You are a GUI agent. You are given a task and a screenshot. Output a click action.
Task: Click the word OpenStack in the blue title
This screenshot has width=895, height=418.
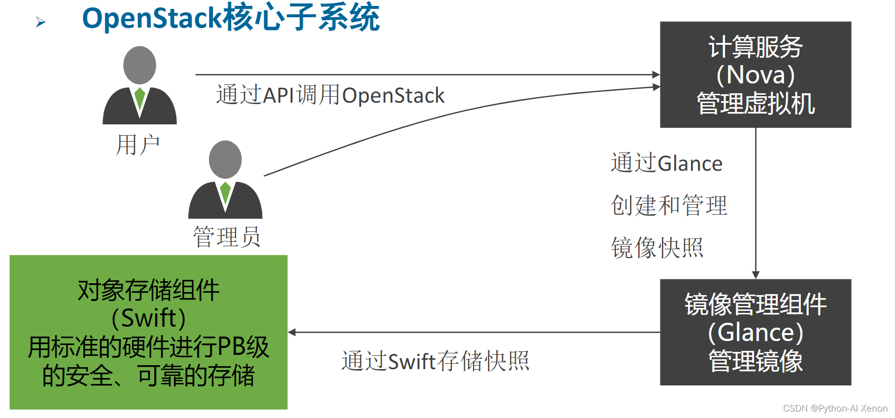click(152, 18)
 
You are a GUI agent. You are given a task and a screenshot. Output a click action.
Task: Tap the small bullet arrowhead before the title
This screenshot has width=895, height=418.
click(40, 22)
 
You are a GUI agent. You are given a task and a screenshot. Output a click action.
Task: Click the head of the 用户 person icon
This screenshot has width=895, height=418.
click(139, 65)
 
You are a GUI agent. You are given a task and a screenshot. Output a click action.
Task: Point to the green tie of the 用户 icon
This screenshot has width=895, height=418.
click(139, 98)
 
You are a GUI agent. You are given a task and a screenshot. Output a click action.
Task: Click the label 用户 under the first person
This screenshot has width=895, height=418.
click(138, 145)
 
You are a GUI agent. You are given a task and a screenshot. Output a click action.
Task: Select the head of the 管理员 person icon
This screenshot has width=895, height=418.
click(225, 159)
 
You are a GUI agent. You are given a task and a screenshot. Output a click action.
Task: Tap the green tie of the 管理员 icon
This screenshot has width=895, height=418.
click(225, 192)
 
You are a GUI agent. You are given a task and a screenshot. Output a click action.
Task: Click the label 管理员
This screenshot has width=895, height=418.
click(226, 237)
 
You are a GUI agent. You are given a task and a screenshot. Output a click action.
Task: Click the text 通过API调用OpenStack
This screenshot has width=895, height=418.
click(330, 95)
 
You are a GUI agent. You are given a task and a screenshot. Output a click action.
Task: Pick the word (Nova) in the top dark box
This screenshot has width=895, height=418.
click(755, 75)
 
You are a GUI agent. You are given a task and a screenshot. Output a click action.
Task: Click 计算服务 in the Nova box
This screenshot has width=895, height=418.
click(755, 47)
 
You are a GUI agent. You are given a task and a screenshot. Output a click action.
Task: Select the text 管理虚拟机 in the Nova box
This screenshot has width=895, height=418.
click(755, 104)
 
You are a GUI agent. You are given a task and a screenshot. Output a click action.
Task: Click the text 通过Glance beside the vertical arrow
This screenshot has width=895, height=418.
click(666, 163)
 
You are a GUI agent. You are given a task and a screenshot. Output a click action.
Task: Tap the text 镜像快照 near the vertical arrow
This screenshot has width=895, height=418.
click(656, 248)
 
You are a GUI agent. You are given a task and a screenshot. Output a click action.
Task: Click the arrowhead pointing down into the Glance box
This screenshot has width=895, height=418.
click(756, 275)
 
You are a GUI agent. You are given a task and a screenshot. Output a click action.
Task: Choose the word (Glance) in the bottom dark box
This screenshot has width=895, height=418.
click(755, 333)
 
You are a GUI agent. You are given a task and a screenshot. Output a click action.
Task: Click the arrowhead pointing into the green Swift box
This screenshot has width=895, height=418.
click(292, 332)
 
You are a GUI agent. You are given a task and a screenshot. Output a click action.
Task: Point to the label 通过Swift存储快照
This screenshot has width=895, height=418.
click(435, 361)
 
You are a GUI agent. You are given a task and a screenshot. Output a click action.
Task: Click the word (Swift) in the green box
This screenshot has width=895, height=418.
click(148, 318)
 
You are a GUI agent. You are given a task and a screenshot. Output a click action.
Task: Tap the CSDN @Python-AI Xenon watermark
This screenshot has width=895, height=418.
click(835, 409)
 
